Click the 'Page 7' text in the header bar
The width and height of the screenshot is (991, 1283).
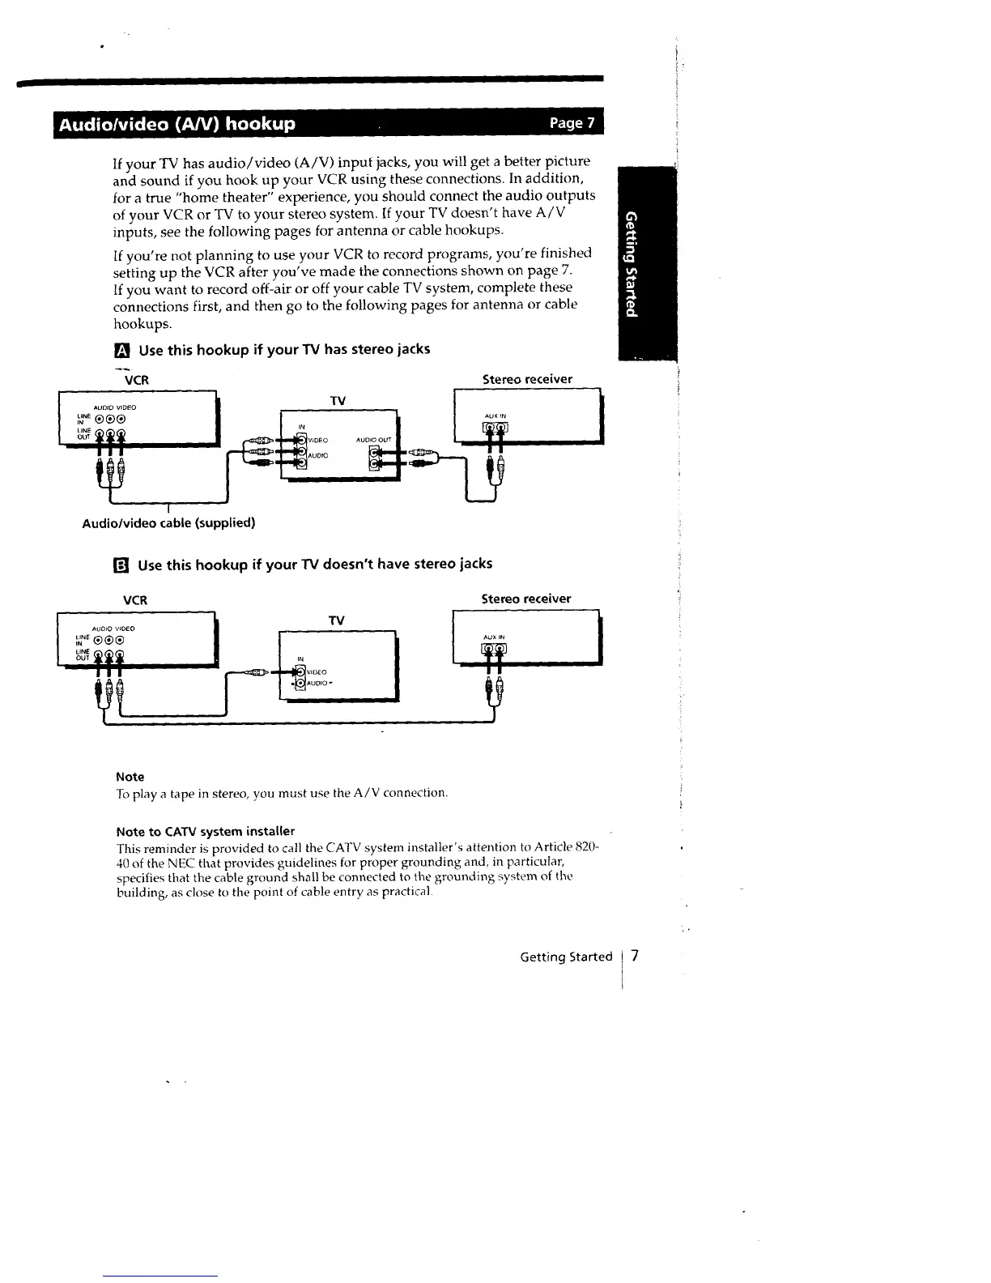572,123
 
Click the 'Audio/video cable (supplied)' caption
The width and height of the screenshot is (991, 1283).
168,522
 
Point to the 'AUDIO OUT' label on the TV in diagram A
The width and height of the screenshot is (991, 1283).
373,440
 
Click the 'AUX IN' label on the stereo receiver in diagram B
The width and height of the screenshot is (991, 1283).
493,637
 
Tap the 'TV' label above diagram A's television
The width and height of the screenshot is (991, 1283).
338,401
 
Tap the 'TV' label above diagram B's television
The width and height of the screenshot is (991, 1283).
337,620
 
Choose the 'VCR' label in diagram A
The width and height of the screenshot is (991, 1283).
136,379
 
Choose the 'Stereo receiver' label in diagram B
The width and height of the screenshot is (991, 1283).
526,599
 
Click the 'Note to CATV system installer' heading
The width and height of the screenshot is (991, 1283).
205,831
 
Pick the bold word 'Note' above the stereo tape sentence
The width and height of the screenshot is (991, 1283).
130,776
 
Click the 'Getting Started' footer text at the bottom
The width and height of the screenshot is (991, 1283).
566,957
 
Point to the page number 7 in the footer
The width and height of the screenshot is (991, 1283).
636,956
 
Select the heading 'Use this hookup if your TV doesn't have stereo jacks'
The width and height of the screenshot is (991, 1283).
315,564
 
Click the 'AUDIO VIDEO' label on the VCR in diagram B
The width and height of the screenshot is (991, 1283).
114,628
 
